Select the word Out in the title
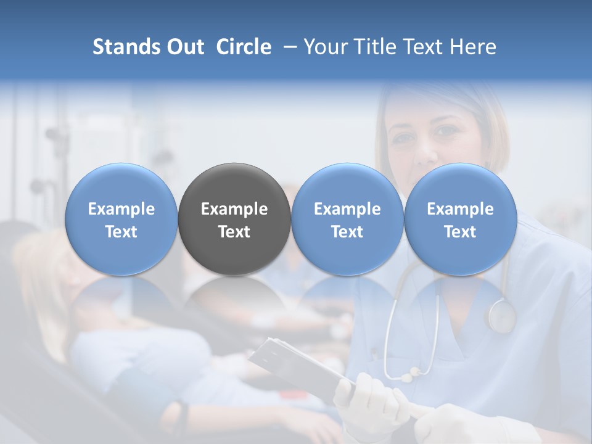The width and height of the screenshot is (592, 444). click(x=184, y=47)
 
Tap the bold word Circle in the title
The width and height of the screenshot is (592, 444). click(x=244, y=47)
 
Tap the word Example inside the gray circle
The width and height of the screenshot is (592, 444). click(x=234, y=209)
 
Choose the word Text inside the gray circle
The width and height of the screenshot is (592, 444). click(x=234, y=232)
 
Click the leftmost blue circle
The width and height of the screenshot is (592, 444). click(x=121, y=219)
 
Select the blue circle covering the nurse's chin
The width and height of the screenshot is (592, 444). click(x=347, y=219)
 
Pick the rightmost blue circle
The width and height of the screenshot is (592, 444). click(x=460, y=219)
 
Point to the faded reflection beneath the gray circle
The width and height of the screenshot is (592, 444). click(x=234, y=302)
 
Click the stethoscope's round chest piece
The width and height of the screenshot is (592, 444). click(x=500, y=315)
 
